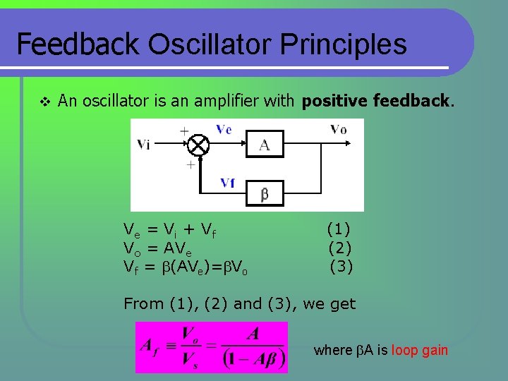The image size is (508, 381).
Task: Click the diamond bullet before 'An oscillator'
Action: tap(44, 102)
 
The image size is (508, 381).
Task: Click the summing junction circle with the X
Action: tap(199, 145)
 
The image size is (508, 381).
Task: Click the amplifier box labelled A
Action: tap(264, 145)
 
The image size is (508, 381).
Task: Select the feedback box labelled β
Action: tap(264, 193)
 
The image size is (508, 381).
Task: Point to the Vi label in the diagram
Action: tap(143, 145)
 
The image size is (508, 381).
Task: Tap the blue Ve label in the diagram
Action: tap(224, 129)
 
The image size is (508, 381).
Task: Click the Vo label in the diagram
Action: tap(338, 129)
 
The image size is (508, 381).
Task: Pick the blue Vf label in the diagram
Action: tap(227, 183)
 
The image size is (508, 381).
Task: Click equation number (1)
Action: tap(339, 229)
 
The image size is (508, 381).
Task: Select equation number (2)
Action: tap(340, 248)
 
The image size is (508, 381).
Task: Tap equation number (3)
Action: tap(341, 267)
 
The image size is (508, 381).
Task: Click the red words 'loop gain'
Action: tap(420, 351)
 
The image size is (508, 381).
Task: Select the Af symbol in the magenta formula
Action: tap(150, 346)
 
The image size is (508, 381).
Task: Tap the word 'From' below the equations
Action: tap(143, 304)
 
